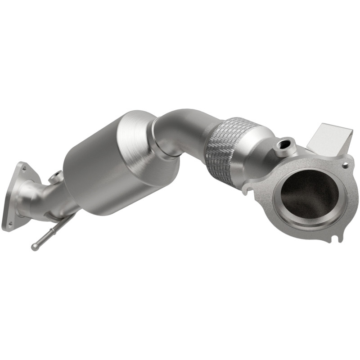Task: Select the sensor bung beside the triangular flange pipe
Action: click(x=56, y=177)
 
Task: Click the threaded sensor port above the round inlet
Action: click(x=284, y=145)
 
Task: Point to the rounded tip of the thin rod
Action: click(x=34, y=247)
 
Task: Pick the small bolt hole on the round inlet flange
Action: click(x=345, y=165)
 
